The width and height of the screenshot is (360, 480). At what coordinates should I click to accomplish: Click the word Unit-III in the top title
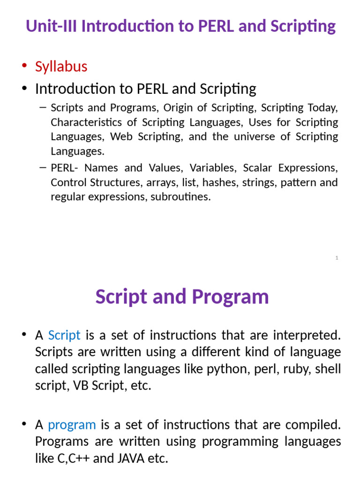point(51,26)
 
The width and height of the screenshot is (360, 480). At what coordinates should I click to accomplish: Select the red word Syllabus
point(61,67)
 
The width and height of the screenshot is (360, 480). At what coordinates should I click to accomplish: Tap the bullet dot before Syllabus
point(24,67)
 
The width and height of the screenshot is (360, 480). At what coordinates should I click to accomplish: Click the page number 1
point(337,258)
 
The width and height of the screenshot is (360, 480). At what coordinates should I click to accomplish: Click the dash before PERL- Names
point(43,167)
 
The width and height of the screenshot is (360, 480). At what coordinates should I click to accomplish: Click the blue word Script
point(64,335)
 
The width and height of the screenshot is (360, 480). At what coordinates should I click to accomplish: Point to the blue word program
point(72,425)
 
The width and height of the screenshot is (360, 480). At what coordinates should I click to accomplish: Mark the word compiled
point(312,425)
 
